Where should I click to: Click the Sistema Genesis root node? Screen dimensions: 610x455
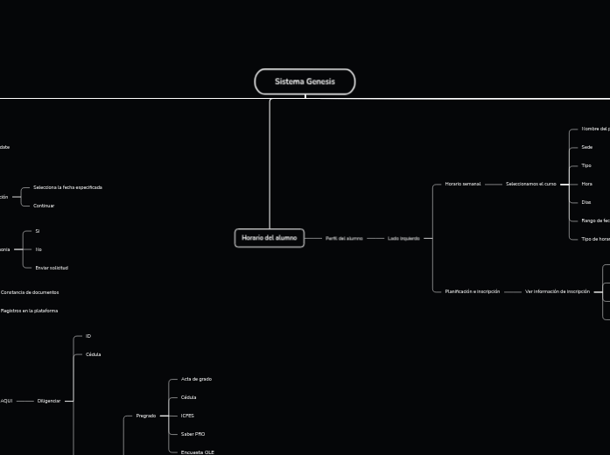tap(305, 81)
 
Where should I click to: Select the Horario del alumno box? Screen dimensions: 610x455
tap(270, 238)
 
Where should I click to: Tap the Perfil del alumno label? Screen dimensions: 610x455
tap(344, 238)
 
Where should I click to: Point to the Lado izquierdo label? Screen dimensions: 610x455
tap(403, 238)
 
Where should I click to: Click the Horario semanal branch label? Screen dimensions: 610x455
tap(462, 184)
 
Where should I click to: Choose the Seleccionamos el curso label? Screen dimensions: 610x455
tap(530, 184)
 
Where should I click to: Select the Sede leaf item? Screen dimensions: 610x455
tap(586, 147)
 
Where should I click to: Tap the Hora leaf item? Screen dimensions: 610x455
tap(586, 184)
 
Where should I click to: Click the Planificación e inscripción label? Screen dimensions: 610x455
tap(472, 291)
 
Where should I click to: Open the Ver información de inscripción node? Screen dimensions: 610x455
tap(557, 291)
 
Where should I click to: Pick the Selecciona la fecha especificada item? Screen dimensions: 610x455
tap(67, 187)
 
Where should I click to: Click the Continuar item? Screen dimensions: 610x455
tap(44, 206)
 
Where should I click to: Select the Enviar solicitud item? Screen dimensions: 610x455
tap(52, 268)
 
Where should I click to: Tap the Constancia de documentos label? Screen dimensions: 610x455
tap(30, 292)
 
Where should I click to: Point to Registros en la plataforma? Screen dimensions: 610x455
tap(29, 311)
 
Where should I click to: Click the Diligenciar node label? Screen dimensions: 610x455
tap(49, 401)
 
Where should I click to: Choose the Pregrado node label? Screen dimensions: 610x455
tap(145, 416)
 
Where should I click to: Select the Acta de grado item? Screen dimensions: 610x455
tap(196, 379)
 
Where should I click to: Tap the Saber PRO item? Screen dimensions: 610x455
tap(193, 434)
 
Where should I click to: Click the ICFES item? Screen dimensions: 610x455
tap(187, 416)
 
